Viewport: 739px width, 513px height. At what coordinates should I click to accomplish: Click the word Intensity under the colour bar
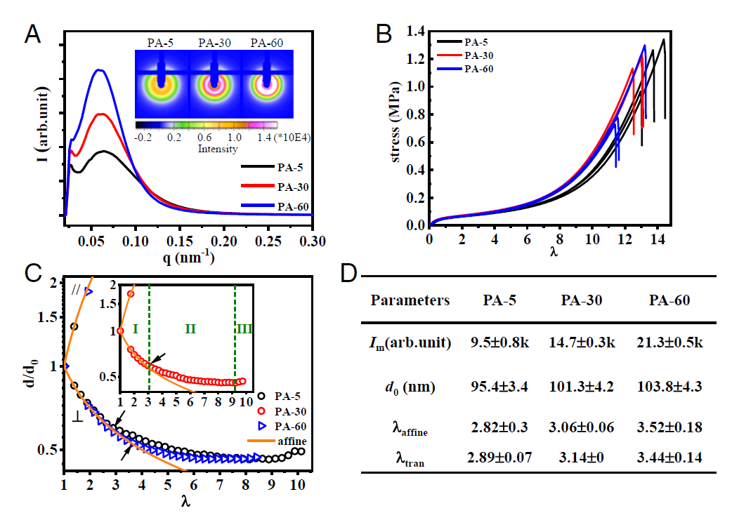pyautogui.click(x=218, y=149)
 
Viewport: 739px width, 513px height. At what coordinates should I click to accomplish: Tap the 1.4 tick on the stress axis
pyautogui.click(x=414, y=32)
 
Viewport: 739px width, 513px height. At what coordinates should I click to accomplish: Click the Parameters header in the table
pyautogui.click(x=410, y=300)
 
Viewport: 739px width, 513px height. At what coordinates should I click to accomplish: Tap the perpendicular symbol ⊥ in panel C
pyautogui.click(x=77, y=417)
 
